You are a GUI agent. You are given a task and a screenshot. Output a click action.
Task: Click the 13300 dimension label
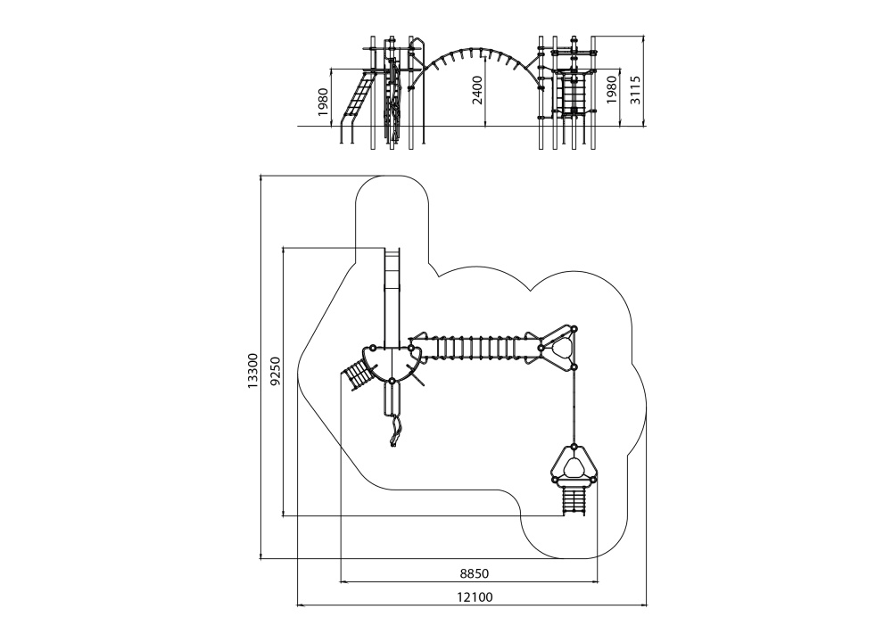point(253,371)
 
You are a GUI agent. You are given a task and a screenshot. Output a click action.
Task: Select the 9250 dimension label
point(276,371)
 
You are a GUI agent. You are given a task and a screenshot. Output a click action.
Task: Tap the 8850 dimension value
point(474,573)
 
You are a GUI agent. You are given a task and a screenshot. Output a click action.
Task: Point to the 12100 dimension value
point(475,597)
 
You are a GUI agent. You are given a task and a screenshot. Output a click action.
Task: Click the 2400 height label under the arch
point(477,90)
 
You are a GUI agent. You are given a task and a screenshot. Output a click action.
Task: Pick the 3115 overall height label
point(635,90)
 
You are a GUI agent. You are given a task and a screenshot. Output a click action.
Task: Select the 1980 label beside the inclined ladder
point(323,103)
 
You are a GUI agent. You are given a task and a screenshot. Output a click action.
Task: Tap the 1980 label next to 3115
point(612,90)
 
